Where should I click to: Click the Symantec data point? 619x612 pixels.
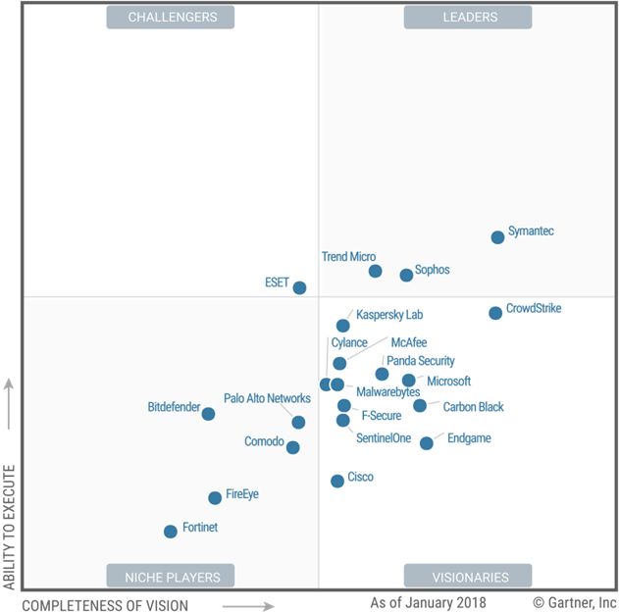click(497, 236)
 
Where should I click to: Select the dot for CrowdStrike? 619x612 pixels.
click(495, 313)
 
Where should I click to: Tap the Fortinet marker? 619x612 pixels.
click(171, 532)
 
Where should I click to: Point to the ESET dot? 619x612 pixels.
click(299, 287)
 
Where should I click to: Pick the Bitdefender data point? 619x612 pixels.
click(208, 414)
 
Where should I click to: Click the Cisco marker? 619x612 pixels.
click(337, 481)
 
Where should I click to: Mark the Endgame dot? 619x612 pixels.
click(427, 443)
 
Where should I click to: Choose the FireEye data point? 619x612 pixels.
click(215, 498)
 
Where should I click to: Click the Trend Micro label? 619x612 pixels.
click(348, 257)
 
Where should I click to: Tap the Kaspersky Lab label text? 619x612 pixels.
click(388, 315)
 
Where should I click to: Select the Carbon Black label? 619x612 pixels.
click(473, 406)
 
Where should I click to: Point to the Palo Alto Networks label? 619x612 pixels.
click(267, 398)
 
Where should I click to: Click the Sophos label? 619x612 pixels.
click(432, 270)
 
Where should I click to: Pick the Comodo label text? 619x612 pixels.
click(264, 441)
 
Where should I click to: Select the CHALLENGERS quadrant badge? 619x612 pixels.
click(171, 17)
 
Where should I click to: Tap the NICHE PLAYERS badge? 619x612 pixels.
click(172, 577)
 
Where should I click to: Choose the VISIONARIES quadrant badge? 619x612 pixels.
click(468, 577)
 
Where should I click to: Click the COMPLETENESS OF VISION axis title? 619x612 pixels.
click(105, 605)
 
